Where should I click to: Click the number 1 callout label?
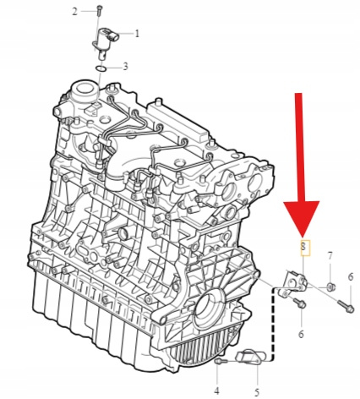tap(137, 34)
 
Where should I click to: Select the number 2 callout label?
tap(74, 12)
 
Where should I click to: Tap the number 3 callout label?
tap(125, 67)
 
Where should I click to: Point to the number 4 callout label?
tap(216, 391)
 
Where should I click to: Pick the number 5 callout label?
tap(257, 392)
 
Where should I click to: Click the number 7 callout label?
tap(330, 256)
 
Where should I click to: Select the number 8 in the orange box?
tap(303, 247)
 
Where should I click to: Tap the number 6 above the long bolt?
tap(350, 276)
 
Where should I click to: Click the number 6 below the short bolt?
tap(301, 334)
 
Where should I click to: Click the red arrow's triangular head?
tap(302, 218)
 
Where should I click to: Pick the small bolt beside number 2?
tap(99, 10)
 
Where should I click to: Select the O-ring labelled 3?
tap(101, 68)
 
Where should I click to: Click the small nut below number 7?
tap(330, 287)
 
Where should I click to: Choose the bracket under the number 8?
tap(293, 284)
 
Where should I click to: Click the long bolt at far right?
tap(346, 305)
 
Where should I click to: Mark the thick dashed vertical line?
tap(272, 323)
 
